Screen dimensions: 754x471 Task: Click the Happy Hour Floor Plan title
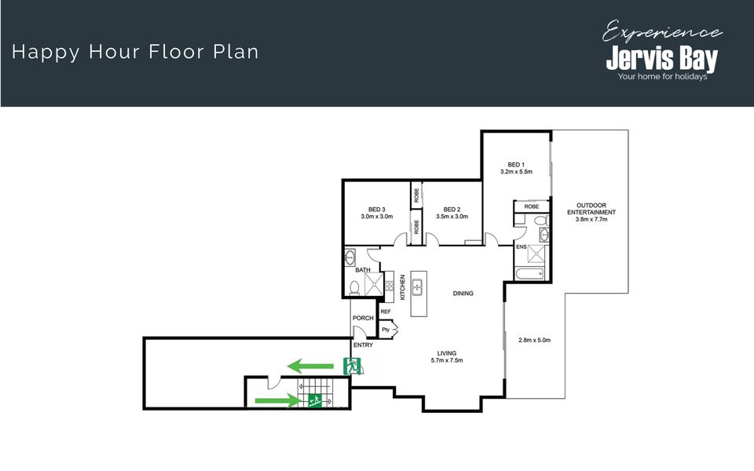[135, 52]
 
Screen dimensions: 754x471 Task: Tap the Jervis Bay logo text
[661, 59]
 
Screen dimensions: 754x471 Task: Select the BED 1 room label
[516, 165]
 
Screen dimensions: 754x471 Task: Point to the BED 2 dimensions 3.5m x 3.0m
[452, 217]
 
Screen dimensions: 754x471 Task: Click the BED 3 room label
[377, 210]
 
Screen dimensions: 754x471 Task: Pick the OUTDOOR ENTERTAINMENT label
[591, 209]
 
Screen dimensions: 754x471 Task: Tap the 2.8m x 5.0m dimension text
[534, 340]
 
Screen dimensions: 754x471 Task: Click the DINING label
[463, 293]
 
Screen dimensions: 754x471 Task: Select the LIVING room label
[447, 353]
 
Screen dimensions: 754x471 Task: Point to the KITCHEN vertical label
[402, 287]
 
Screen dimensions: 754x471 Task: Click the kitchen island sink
[417, 287]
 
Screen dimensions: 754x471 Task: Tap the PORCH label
[363, 318]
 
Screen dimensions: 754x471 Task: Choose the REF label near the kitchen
[386, 312]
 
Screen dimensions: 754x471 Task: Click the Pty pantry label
[386, 330]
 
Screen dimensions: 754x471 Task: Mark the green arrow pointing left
[310, 367]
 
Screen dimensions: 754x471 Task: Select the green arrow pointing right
[277, 400]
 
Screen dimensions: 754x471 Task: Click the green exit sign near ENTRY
[352, 367]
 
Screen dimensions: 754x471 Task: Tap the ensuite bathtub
[529, 274]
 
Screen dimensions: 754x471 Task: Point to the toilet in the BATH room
[354, 288]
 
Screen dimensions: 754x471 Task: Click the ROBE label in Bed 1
[532, 206]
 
